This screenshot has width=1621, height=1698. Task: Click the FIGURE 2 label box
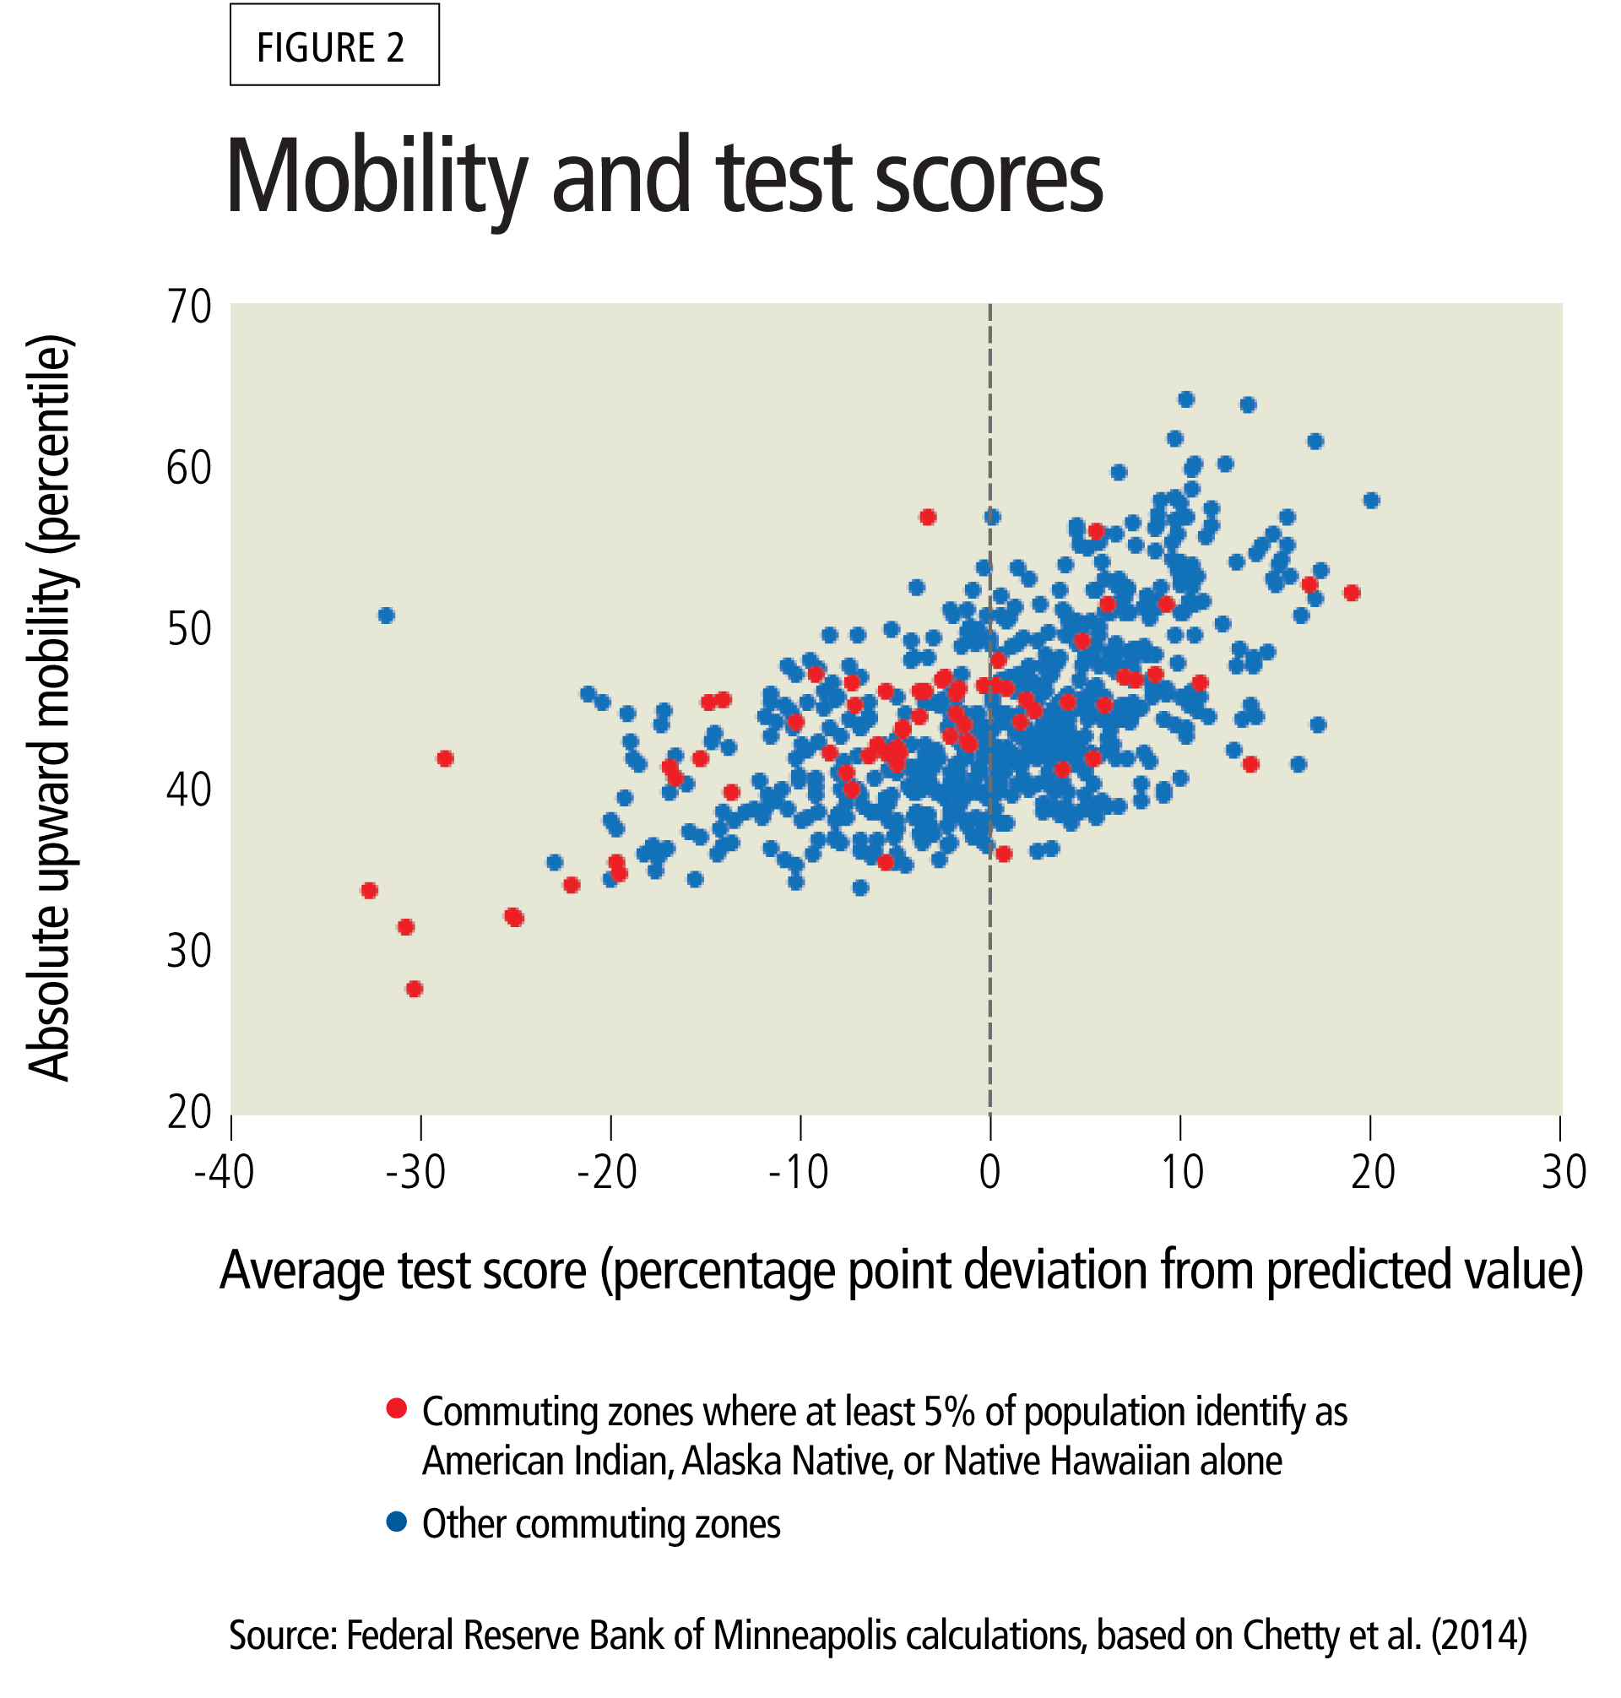tap(333, 45)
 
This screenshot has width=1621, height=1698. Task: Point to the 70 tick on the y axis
tap(189, 307)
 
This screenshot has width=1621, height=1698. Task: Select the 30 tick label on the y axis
tap(189, 952)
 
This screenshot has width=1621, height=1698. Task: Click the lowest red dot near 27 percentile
tap(414, 989)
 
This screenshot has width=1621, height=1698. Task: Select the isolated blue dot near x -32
tap(386, 616)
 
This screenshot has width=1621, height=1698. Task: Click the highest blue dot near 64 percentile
tap(1186, 399)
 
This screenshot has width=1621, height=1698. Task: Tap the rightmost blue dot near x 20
tap(1371, 501)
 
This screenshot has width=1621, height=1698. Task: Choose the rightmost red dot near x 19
tap(1353, 593)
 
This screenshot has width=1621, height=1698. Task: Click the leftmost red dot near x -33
tap(369, 890)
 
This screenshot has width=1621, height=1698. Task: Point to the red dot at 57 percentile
tap(928, 517)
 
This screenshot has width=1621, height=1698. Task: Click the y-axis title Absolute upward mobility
tap(49, 708)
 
